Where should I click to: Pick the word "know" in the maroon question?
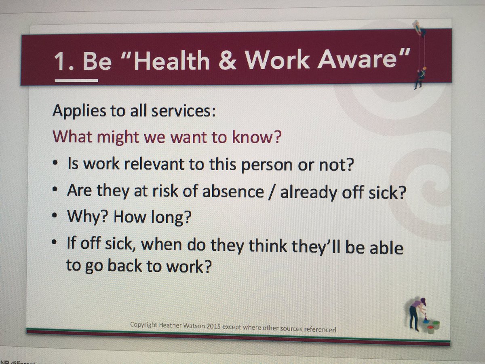261,138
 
